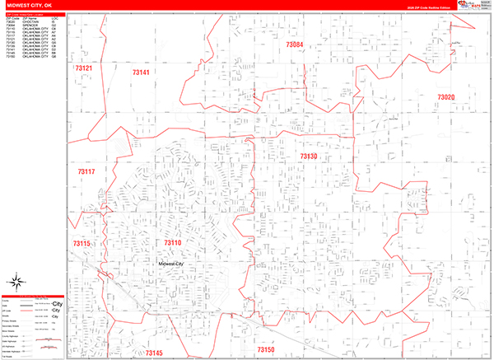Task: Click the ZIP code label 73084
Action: pyautogui.click(x=295, y=44)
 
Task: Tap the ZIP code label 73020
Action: pyautogui.click(x=445, y=97)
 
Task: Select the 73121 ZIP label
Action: pyautogui.click(x=83, y=68)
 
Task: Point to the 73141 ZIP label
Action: pyautogui.click(x=141, y=73)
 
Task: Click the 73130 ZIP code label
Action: pyautogui.click(x=308, y=156)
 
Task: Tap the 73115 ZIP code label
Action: pyautogui.click(x=81, y=244)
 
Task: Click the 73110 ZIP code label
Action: pyautogui.click(x=172, y=243)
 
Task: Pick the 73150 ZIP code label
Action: pyautogui.click(x=266, y=350)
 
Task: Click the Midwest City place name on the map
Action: pyautogui.click(x=175, y=264)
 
